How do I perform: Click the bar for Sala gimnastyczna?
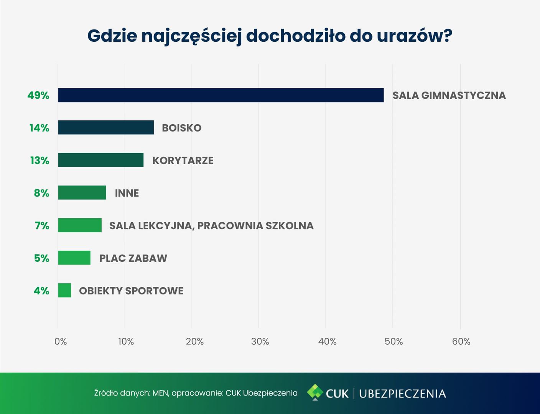pyautogui.click(x=221, y=95)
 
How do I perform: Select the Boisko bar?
pyautogui.click(x=106, y=127)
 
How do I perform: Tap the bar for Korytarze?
pyautogui.click(x=100, y=160)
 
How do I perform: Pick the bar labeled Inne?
pyautogui.click(x=82, y=192)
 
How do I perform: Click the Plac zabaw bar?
pyautogui.click(x=74, y=258)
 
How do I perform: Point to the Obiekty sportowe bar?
pyautogui.click(x=64, y=290)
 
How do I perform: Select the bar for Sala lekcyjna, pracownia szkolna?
pyautogui.click(x=80, y=225)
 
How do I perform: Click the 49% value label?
pyautogui.click(x=38, y=95)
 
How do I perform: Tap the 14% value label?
pyautogui.click(x=39, y=128)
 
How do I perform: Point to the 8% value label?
pyautogui.click(x=41, y=193)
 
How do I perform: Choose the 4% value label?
pyautogui.click(x=41, y=291)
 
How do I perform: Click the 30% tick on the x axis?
pyautogui.click(x=260, y=342)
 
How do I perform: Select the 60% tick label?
pyautogui.click(x=461, y=342)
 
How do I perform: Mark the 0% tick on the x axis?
pyautogui.click(x=61, y=342)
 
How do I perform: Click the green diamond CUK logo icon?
pyautogui.click(x=315, y=392)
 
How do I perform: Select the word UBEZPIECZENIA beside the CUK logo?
pyautogui.click(x=402, y=394)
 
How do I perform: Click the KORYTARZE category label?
pyautogui.click(x=183, y=160)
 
